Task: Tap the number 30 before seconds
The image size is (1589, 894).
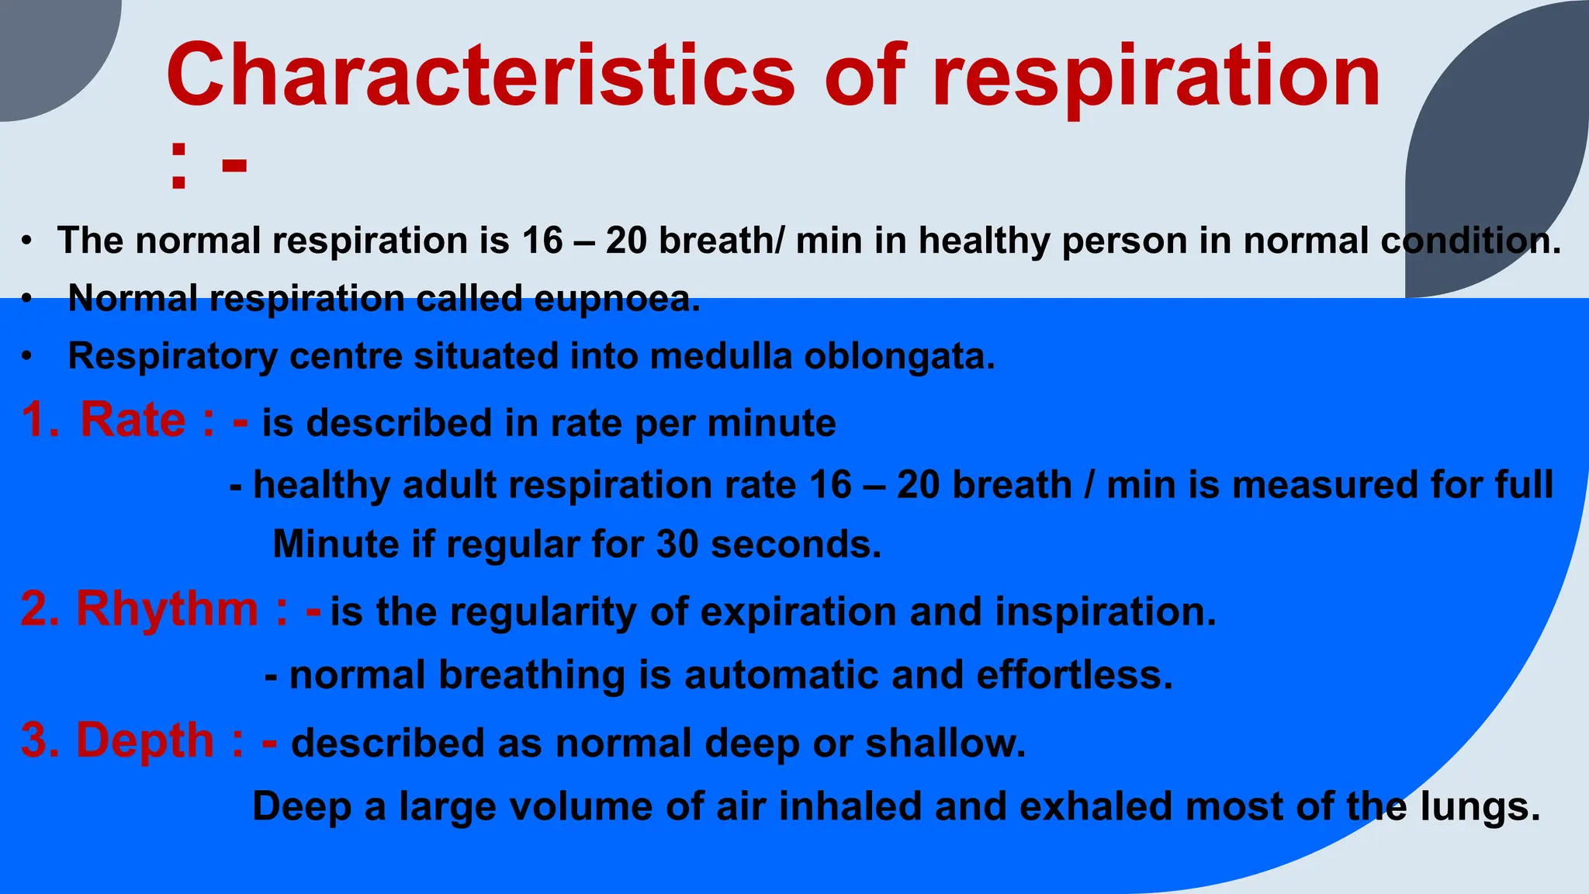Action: pos(677,544)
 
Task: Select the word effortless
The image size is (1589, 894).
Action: pos(1074,674)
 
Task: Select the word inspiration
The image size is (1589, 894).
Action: pos(1106,612)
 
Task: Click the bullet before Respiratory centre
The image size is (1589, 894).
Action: pos(28,357)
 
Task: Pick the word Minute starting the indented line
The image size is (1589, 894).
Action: pos(335,544)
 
